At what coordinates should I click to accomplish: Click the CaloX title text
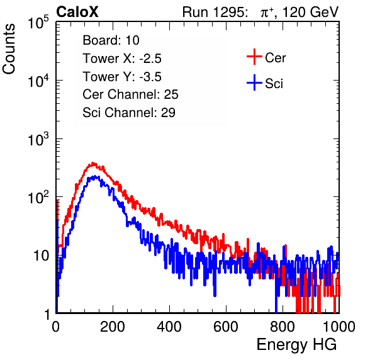tap(77, 12)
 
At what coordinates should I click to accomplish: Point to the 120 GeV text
tap(311, 12)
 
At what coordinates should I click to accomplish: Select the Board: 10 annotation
tap(111, 40)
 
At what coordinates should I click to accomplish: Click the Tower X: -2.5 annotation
tap(122, 59)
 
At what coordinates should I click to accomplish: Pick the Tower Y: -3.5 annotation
tap(122, 77)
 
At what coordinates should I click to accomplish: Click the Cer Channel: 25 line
tap(130, 94)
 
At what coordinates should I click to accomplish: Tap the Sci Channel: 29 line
tap(129, 113)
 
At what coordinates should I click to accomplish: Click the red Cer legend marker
tap(254, 57)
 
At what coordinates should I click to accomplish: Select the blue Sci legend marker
tap(254, 83)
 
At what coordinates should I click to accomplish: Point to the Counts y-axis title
tap(9, 49)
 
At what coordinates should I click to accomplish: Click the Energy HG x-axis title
tap(296, 345)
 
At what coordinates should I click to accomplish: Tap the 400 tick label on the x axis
tap(169, 327)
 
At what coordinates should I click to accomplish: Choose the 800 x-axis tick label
tap(283, 327)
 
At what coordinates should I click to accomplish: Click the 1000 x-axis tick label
tap(339, 327)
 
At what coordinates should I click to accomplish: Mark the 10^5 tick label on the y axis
tap(38, 22)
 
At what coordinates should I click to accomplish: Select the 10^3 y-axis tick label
tap(38, 139)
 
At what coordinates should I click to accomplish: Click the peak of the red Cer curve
tap(92, 164)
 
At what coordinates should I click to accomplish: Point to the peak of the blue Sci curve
tap(95, 177)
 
